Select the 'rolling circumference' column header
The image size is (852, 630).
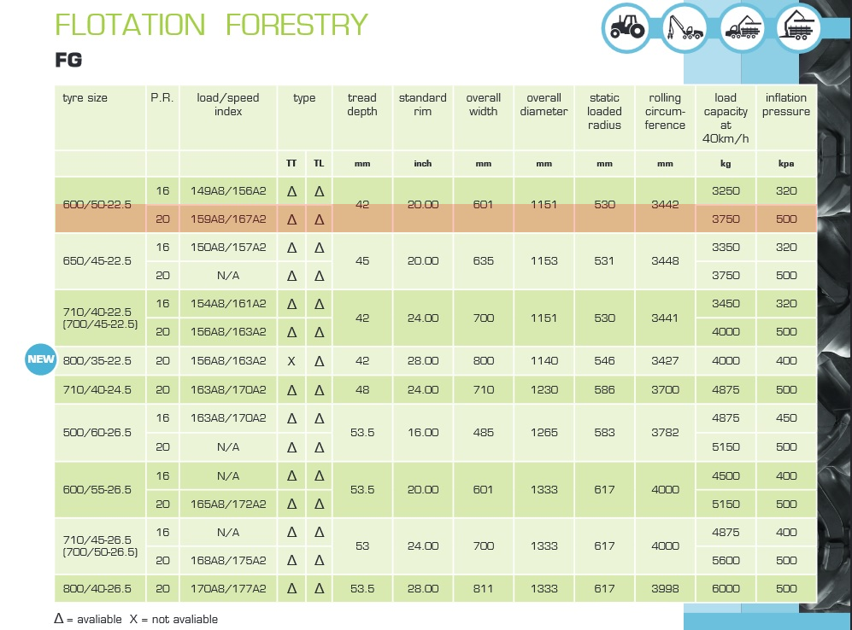[666, 112]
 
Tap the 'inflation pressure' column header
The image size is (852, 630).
[786, 105]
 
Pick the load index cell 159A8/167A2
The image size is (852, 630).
[228, 219]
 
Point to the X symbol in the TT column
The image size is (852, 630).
[291, 361]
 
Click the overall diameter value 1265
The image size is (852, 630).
[544, 432]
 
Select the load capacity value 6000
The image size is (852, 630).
[726, 588]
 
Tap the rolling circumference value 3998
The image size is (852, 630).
[665, 588]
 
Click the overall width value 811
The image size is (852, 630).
[483, 588]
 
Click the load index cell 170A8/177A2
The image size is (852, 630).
[228, 588]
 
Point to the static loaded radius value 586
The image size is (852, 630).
[604, 389]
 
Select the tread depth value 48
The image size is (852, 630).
[361, 389]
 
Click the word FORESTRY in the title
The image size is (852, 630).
[297, 25]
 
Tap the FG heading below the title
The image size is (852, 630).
[68, 60]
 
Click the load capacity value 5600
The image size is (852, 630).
[726, 560]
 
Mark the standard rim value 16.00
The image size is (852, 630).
[422, 432]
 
